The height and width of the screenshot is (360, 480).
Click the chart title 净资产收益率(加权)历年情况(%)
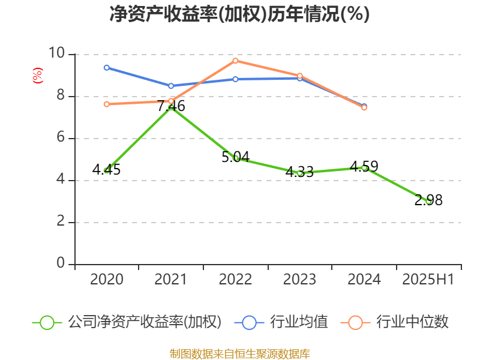click(x=239, y=14)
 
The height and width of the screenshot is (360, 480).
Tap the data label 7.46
click(x=171, y=106)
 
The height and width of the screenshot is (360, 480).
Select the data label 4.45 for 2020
click(x=106, y=170)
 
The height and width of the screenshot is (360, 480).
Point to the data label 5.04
click(x=235, y=157)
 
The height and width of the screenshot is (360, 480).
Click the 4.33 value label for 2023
click(x=299, y=172)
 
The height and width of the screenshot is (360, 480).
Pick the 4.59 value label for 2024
click(x=364, y=166)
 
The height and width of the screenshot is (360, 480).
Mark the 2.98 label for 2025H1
click(x=428, y=200)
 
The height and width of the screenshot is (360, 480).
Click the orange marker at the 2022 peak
click(x=235, y=61)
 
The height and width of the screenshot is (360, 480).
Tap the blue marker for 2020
click(x=106, y=68)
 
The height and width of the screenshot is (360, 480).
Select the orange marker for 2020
click(x=106, y=104)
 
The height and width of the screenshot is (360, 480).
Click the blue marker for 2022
click(x=235, y=79)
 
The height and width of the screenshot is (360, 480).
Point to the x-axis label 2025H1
click(x=428, y=280)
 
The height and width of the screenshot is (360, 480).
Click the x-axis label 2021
click(x=171, y=280)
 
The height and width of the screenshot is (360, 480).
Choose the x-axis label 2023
click(x=299, y=280)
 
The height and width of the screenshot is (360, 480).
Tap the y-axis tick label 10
click(x=57, y=54)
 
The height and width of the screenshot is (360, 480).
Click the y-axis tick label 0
click(x=61, y=264)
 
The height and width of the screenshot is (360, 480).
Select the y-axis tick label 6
click(x=61, y=138)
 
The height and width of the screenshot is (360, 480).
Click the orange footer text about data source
click(x=239, y=353)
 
